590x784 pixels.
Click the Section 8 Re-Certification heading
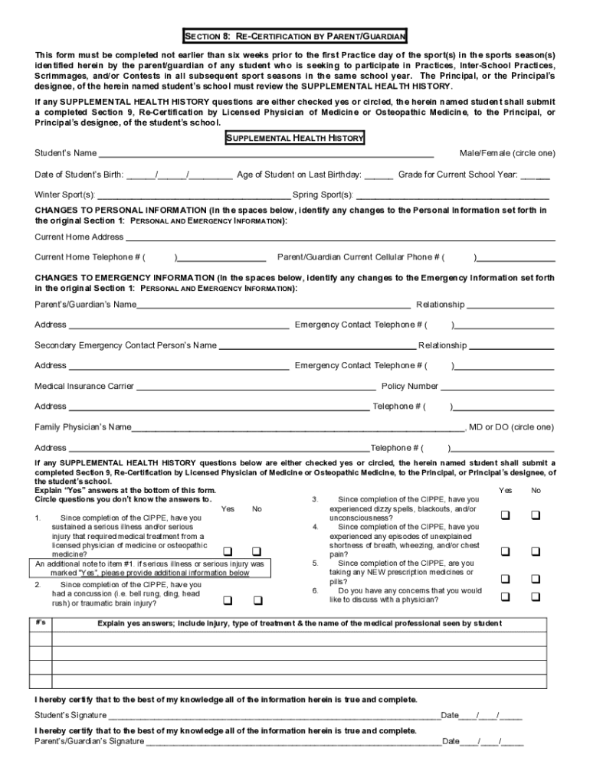[294, 36]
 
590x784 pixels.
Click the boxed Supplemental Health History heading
[294, 139]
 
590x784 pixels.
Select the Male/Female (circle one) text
[506, 153]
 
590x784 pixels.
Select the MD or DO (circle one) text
[511, 427]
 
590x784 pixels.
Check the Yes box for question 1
[228, 551]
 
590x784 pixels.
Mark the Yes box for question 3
[506, 515]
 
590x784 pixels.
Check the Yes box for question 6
[506, 596]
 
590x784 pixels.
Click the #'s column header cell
[41, 623]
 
